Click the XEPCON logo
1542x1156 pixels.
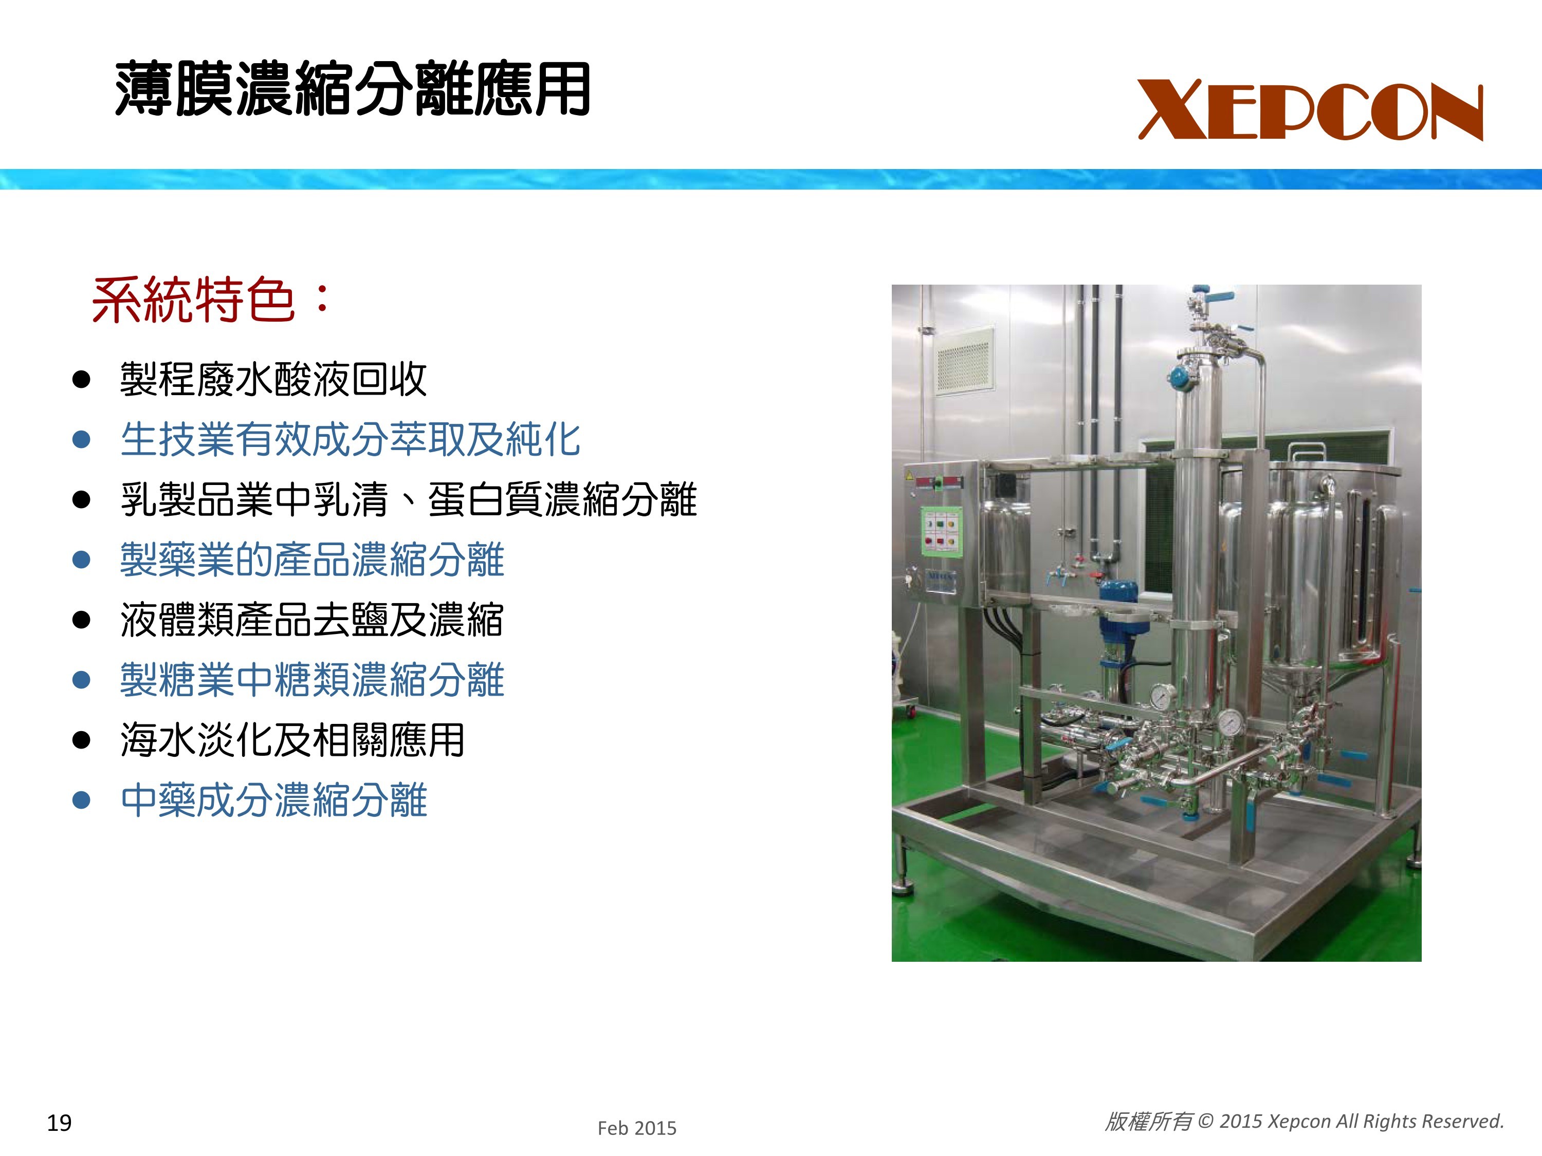(1311, 110)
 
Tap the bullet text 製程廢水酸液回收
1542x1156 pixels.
(273, 380)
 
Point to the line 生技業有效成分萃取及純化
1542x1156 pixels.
(350, 440)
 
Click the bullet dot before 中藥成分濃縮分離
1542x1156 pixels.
(82, 800)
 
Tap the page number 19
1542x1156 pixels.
(59, 1123)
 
